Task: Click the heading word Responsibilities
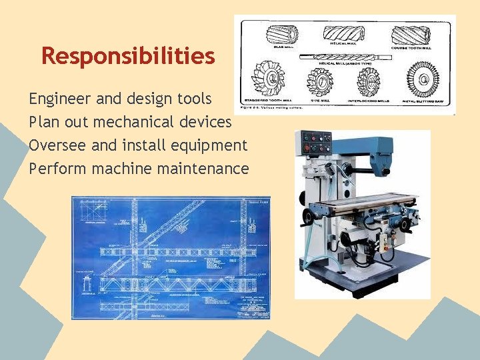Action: pyautogui.click(x=128, y=56)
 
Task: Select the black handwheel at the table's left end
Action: pyautogui.click(x=308, y=216)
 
